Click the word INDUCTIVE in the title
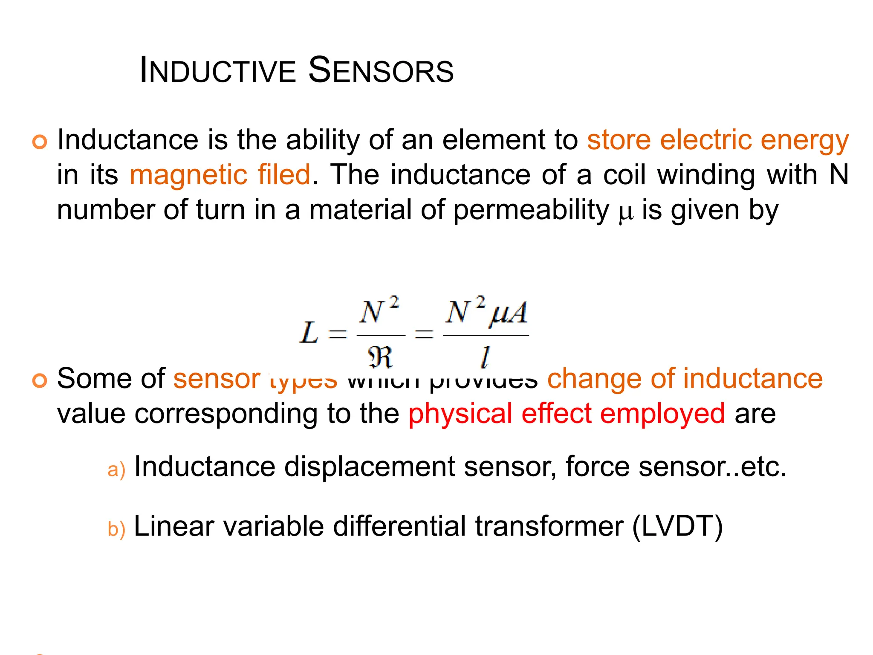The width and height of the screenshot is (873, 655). (217, 70)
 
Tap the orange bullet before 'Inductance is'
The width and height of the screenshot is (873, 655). (40, 142)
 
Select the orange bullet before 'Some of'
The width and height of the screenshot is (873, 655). (40, 380)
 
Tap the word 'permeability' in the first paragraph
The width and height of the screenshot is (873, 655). (531, 210)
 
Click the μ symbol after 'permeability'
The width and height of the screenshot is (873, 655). (625, 212)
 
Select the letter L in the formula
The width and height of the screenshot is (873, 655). (309, 333)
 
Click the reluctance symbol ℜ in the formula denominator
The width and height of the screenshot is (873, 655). (380, 357)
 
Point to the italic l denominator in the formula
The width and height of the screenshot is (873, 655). (485, 357)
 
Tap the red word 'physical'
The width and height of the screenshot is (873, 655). (460, 414)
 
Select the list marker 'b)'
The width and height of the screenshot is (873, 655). (116, 529)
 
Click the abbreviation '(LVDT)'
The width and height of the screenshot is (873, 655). (677, 527)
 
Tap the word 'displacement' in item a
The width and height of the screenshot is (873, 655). (369, 467)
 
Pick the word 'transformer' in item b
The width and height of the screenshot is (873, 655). (549, 527)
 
